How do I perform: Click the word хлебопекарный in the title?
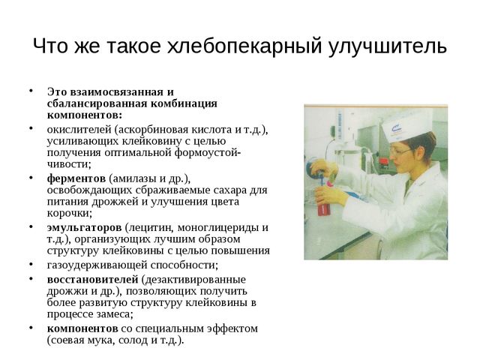pos(244,46)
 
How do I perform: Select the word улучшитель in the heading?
pos(388,46)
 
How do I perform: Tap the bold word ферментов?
pos(76,178)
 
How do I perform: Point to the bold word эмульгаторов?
pos(85,227)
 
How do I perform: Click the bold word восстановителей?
pos(93,280)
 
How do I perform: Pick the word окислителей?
pos(79,130)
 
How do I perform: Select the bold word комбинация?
pos(184,103)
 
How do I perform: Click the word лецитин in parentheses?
pos(150,228)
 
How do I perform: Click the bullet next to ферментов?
pos(31,178)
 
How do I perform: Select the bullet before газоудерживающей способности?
pos(31,264)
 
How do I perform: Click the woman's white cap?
pos(407,125)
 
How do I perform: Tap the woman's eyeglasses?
pos(400,151)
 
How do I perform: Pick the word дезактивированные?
pos(193,280)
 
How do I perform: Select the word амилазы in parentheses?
pos(133,178)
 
